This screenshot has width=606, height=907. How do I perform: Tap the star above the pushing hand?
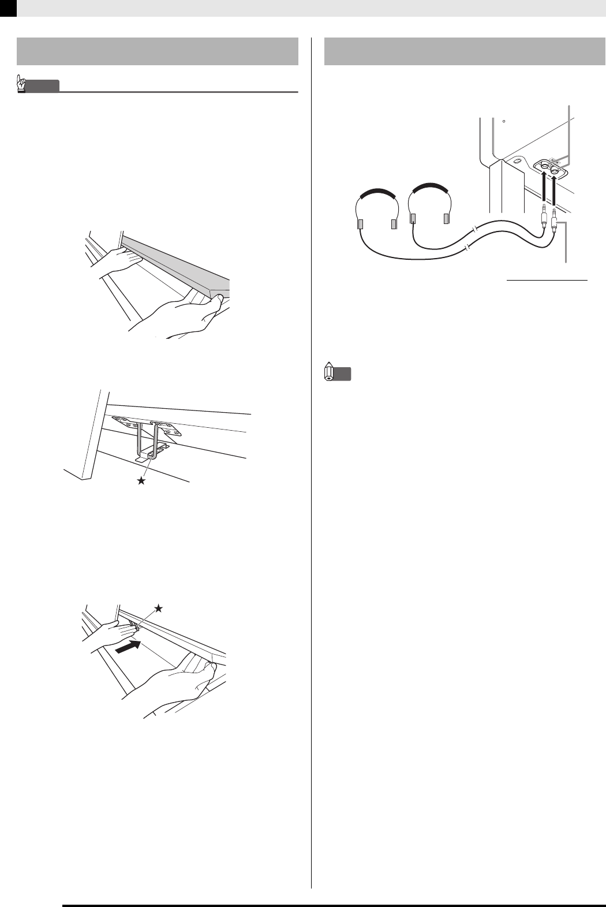(159, 608)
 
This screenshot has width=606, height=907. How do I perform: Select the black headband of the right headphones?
(429, 188)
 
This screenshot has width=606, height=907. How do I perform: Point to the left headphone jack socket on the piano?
(544, 166)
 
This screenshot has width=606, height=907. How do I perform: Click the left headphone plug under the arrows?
(544, 218)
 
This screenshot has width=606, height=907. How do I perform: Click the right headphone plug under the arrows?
(554, 222)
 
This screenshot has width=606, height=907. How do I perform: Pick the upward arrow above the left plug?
(544, 188)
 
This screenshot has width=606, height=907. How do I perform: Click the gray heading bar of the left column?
(158, 52)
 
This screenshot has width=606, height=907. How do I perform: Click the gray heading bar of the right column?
(459, 52)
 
